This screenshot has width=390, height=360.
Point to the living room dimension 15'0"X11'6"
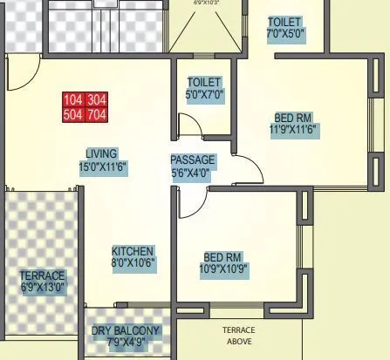click(x=103, y=166)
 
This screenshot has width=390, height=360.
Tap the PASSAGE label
click(x=192, y=160)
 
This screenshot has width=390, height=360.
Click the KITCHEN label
click(x=133, y=251)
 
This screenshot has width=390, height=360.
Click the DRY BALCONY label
click(x=126, y=330)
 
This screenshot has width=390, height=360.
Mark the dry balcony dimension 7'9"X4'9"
click(x=126, y=343)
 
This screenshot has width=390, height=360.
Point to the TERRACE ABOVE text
click(x=238, y=336)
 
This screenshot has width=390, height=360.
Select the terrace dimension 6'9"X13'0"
click(x=43, y=286)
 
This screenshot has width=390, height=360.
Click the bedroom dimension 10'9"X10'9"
click(x=224, y=270)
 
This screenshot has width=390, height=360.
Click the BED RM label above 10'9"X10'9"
click(x=224, y=257)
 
